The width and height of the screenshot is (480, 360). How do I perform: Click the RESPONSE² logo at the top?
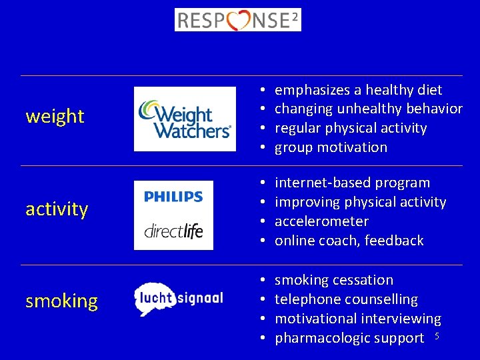[237, 19]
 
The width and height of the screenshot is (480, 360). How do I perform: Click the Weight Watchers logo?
[185, 119]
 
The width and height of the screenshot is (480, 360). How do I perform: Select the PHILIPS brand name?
[173, 197]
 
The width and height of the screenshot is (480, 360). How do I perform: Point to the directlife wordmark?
[173, 231]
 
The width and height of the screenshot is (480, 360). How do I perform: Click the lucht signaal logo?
[178, 299]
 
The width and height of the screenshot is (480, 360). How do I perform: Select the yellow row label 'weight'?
[55, 117]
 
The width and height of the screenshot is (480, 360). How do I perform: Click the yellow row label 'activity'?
[57, 209]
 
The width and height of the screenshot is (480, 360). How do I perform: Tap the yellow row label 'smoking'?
[61, 301]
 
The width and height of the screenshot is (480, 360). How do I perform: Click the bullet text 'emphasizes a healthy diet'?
[358, 90]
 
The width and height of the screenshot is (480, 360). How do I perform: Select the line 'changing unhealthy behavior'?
[368, 109]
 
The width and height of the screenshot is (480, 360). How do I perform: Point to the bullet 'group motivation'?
[331, 147]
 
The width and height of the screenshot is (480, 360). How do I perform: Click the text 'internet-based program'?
[352, 183]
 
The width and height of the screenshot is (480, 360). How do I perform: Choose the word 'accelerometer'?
[321, 221]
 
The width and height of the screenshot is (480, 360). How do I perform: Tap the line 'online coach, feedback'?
[349, 241]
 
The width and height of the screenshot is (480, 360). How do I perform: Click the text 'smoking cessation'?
[334, 280]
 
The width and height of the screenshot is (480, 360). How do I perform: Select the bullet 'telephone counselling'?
[346, 299]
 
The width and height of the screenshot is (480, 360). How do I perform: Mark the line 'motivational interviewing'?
[358, 319]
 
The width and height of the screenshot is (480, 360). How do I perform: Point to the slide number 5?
[437, 335]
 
